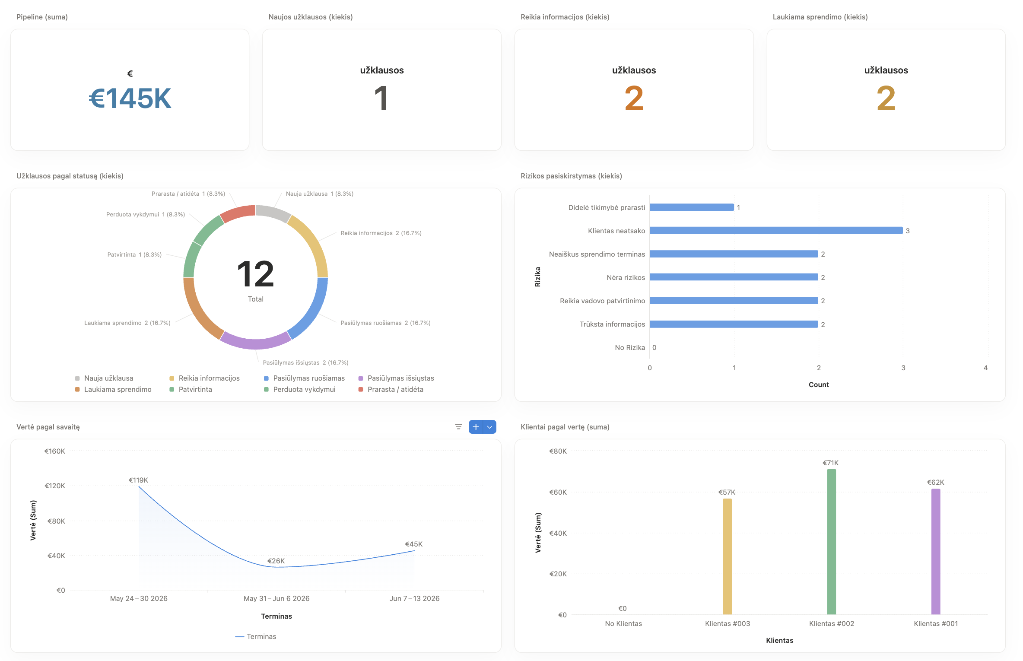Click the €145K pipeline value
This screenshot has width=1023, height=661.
pos(130,98)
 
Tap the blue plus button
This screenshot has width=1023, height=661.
pos(476,427)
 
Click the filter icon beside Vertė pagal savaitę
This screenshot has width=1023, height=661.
pos(458,427)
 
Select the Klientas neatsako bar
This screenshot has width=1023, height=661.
pos(776,230)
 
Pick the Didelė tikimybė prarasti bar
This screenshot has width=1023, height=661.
pos(692,207)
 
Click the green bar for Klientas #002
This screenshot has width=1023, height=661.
pos(831,542)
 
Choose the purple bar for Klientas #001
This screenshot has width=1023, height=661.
pos(935,551)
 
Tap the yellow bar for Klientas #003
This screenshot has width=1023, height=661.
pos(727,556)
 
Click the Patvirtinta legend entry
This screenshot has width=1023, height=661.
pos(191,389)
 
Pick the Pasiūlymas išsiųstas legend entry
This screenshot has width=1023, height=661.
pos(396,378)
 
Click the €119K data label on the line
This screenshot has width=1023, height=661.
pos(138,480)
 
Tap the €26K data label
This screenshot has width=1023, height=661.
pos(276,561)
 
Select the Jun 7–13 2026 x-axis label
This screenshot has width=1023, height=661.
pos(414,598)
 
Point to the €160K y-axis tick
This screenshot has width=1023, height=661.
pos(55,451)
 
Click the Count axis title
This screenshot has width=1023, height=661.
pos(819,385)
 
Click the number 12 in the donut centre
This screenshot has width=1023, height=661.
pos(255,273)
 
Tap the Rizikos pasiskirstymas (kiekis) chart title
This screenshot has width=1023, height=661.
pos(571,176)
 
